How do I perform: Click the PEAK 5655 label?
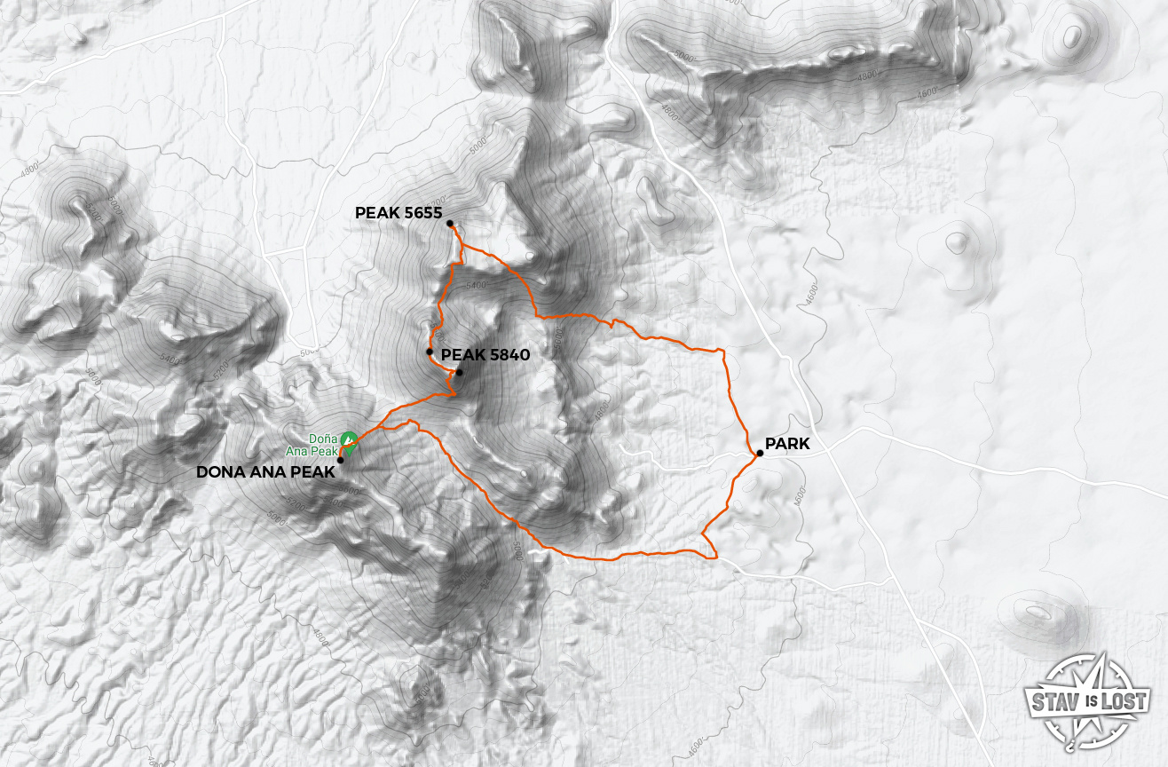[x=399, y=213]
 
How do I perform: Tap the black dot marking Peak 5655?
[x=450, y=224]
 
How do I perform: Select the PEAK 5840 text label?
[x=485, y=355]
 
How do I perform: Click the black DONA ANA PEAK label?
[x=265, y=472]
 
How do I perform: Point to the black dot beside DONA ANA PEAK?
[x=341, y=460]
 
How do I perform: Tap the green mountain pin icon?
[x=349, y=439]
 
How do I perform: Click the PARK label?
[x=786, y=444]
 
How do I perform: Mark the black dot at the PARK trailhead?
[x=760, y=454]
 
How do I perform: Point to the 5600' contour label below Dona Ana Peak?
[x=349, y=490]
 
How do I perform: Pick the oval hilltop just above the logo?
[x=1035, y=613]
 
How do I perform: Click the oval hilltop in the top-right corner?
[x=1072, y=36]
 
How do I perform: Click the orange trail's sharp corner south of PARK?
[x=714, y=557]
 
